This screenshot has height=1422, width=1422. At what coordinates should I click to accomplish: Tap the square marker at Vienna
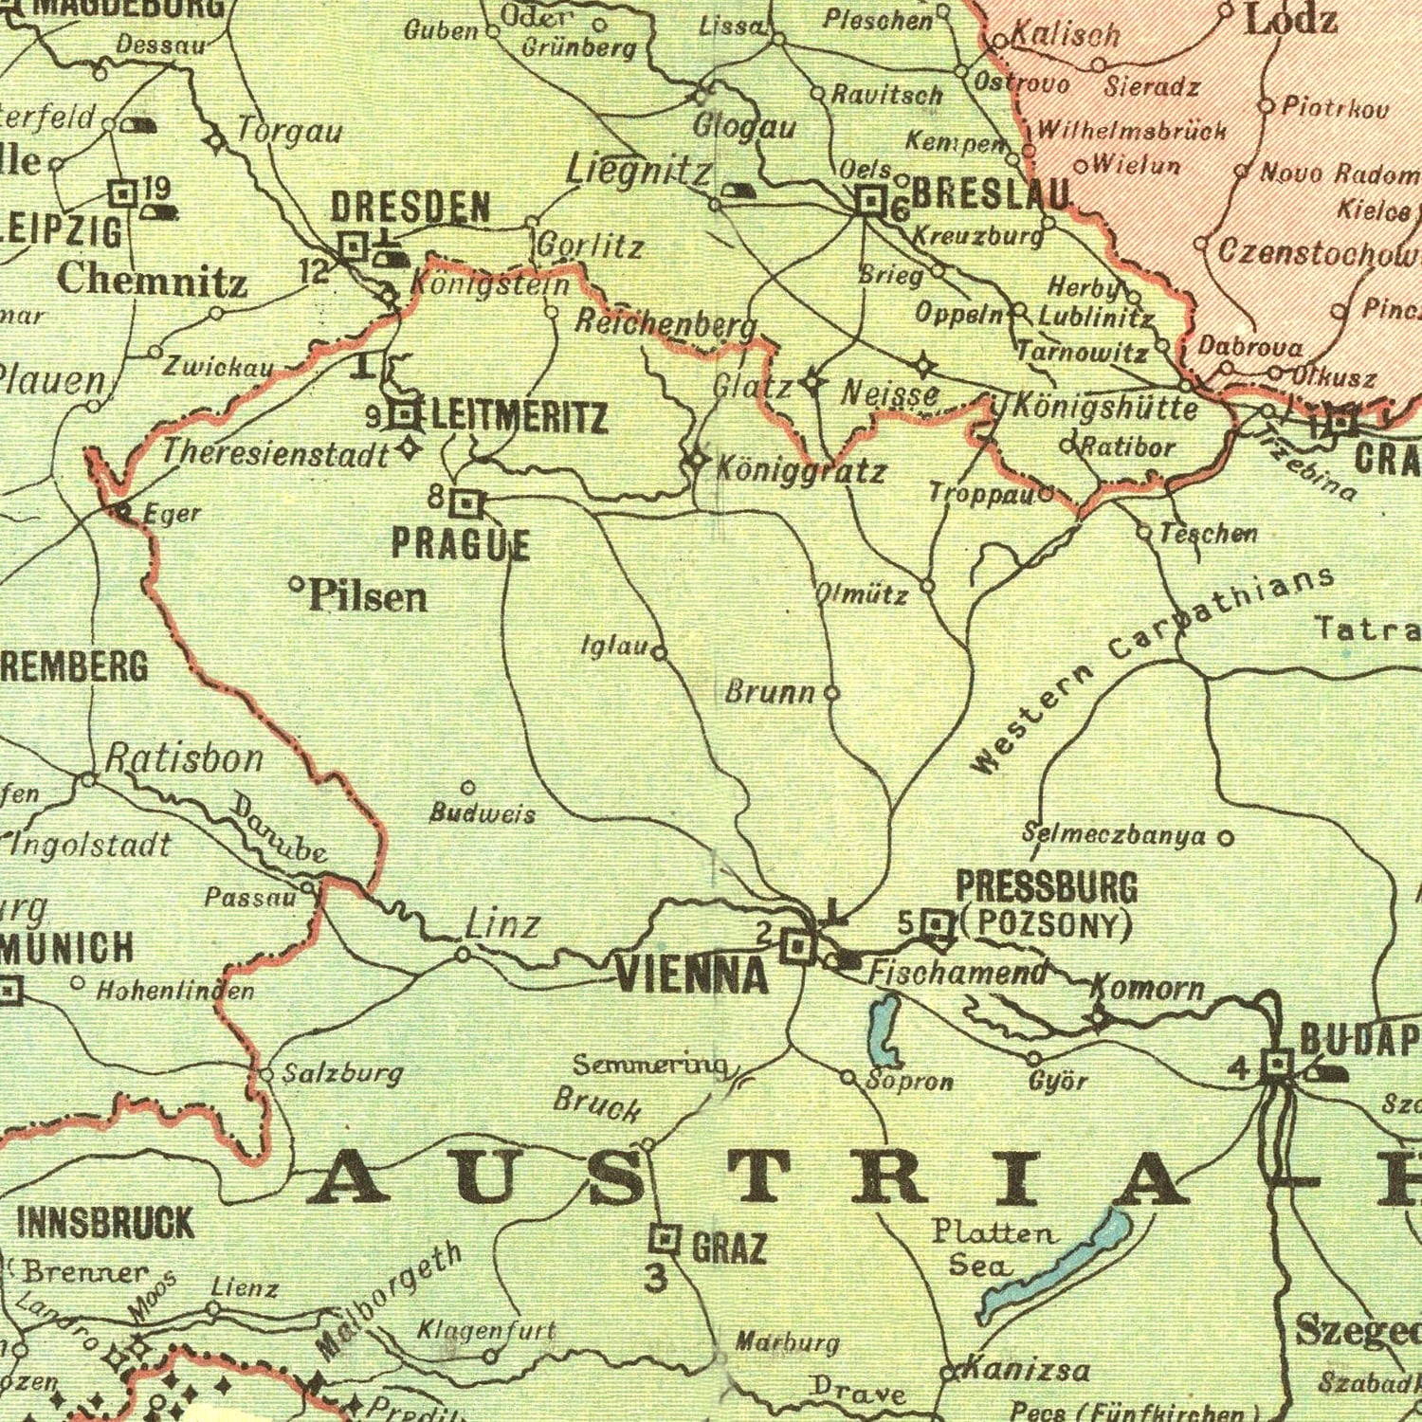click(x=797, y=945)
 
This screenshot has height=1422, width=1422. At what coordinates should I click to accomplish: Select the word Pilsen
click(x=367, y=596)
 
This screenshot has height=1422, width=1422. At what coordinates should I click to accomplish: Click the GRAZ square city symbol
click(x=665, y=1238)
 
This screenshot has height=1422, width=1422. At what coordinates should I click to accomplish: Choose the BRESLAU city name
click(x=991, y=194)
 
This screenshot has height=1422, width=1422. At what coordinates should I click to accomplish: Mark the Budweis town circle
click(x=467, y=788)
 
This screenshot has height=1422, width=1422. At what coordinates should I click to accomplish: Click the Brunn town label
click(x=770, y=692)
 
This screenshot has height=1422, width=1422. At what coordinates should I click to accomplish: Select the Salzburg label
click(x=343, y=1073)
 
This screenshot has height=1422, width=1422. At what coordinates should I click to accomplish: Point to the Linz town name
click(x=502, y=923)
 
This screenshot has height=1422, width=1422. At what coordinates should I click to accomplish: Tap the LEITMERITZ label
click(x=519, y=417)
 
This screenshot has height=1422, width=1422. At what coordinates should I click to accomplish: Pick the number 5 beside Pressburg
click(x=906, y=921)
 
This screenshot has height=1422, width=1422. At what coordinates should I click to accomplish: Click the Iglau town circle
click(x=659, y=652)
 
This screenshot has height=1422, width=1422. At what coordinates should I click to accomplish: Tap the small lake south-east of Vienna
click(x=884, y=1030)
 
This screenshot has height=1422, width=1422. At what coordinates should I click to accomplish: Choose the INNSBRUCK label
click(x=105, y=1222)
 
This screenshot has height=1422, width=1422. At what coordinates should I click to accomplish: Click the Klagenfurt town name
click(x=486, y=1330)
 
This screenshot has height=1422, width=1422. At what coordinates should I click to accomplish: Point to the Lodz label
click(x=1290, y=19)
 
